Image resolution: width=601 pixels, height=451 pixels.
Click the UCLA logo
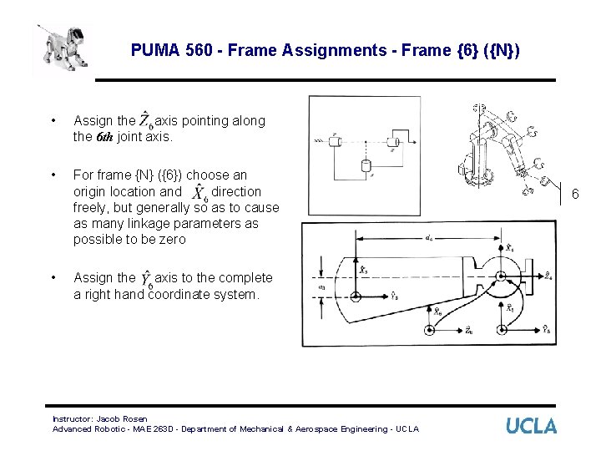coord(531,425)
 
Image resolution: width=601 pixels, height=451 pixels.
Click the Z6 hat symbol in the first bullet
coord(147,121)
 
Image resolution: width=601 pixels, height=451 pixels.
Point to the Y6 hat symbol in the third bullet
coord(147,278)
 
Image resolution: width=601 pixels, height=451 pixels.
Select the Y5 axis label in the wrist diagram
coord(545,329)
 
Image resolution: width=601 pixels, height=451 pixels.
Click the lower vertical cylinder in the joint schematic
coord(366,165)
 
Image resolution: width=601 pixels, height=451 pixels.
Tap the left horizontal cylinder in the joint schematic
coord(336,140)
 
